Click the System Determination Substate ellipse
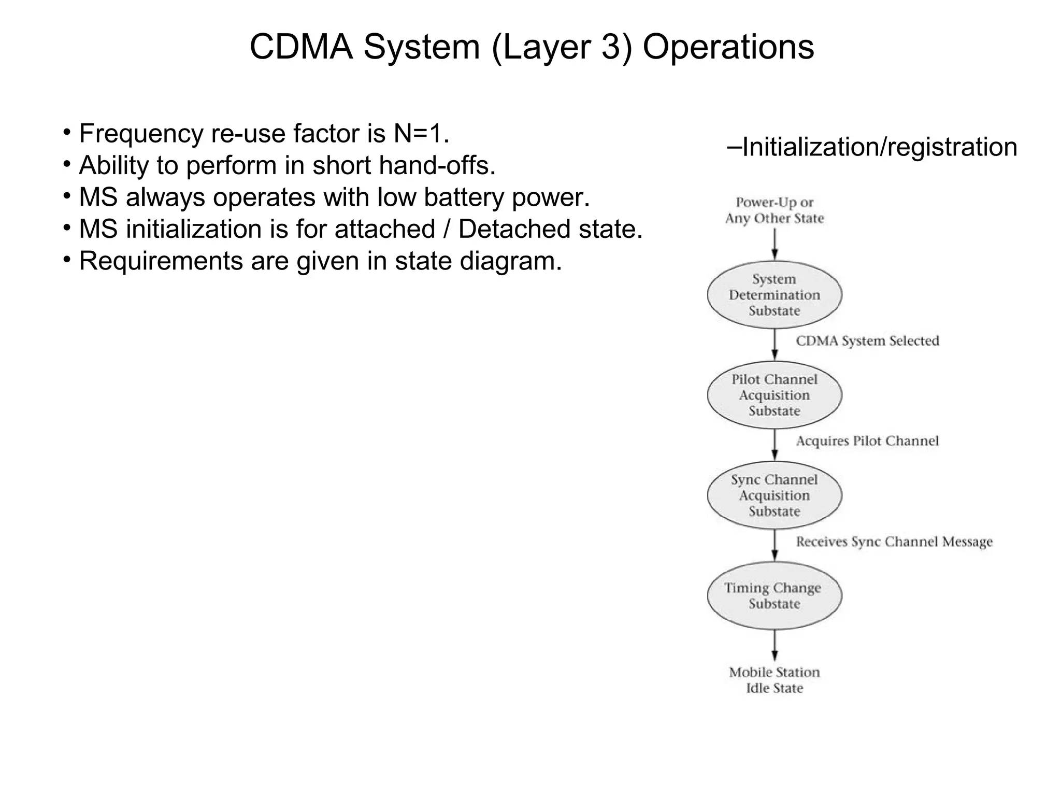(x=774, y=294)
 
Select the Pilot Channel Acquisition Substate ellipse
(x=774, y=395)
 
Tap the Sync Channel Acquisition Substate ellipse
(x=774, y=495)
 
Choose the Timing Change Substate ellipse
(x=774, y=595)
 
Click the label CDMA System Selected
(x=867, y=341)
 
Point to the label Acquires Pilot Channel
(x=867, y=441)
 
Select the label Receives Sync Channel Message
(x=894, y=542)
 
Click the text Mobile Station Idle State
(x=774, y=680)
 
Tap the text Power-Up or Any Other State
(x=774, y=210)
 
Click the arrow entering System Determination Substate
(x=775, y=244)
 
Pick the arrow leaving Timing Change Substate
(x=775, y=646)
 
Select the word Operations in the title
(x=728, y=47)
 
